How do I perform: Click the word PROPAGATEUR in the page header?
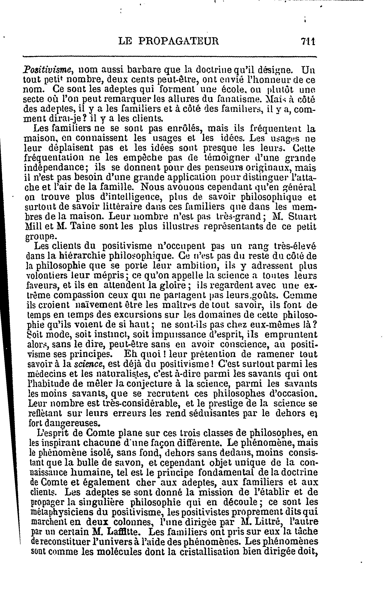point(179,41)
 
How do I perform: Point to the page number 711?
point(308,41)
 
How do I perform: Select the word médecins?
point(42,374)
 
